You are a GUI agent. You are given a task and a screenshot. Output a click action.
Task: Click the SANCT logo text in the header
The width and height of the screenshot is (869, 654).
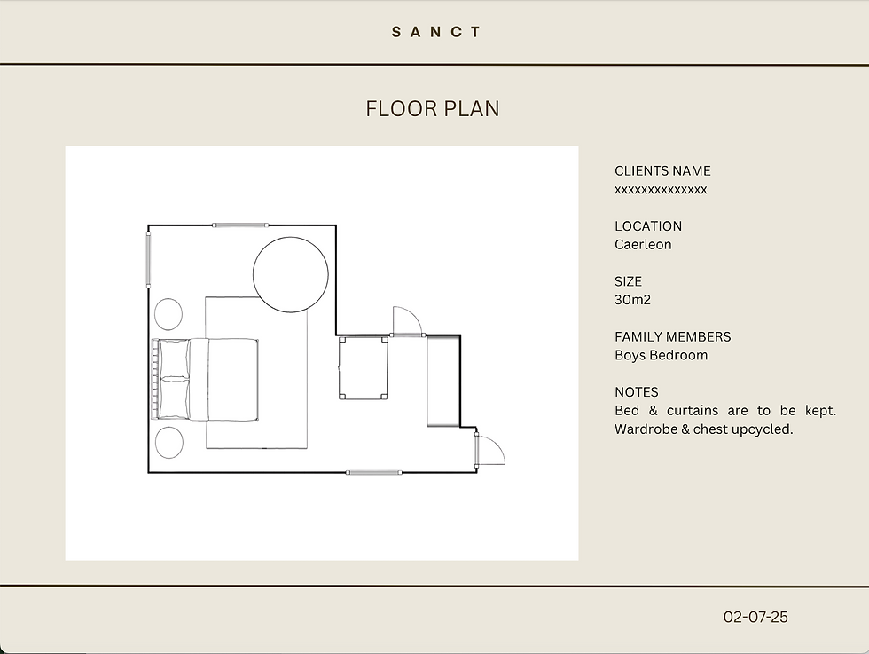436,32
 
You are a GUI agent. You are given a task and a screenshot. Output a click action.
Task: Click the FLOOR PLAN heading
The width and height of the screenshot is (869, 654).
433,109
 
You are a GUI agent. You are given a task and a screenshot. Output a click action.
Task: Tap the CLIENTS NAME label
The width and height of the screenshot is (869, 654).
662,171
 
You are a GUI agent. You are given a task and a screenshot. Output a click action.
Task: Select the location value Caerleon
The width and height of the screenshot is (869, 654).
643,245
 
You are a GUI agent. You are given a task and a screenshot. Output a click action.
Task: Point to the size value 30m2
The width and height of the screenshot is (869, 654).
632,300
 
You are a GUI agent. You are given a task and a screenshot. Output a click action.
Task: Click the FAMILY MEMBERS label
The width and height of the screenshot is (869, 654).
673,336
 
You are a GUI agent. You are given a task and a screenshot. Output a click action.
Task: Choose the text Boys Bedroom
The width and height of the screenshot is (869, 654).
662,355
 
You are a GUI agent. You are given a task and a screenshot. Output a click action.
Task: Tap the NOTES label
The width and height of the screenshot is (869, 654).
637,392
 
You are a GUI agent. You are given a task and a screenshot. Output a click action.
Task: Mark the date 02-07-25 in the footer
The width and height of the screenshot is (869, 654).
755,617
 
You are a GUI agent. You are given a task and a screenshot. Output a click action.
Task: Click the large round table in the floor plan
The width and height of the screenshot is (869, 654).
291,274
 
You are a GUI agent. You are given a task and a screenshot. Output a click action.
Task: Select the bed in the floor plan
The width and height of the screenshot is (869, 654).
205,380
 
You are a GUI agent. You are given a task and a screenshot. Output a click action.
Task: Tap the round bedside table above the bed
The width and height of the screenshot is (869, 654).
168,314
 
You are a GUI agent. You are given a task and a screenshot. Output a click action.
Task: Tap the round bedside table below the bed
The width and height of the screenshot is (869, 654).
169,443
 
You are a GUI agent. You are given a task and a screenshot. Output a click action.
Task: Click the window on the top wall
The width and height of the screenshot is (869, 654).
240,225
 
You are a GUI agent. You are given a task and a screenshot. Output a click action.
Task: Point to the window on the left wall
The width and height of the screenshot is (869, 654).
148,260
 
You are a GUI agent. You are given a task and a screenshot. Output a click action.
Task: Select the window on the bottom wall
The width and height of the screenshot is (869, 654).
373,473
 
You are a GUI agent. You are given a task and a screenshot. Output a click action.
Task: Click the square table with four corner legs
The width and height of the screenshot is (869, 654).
364,368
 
